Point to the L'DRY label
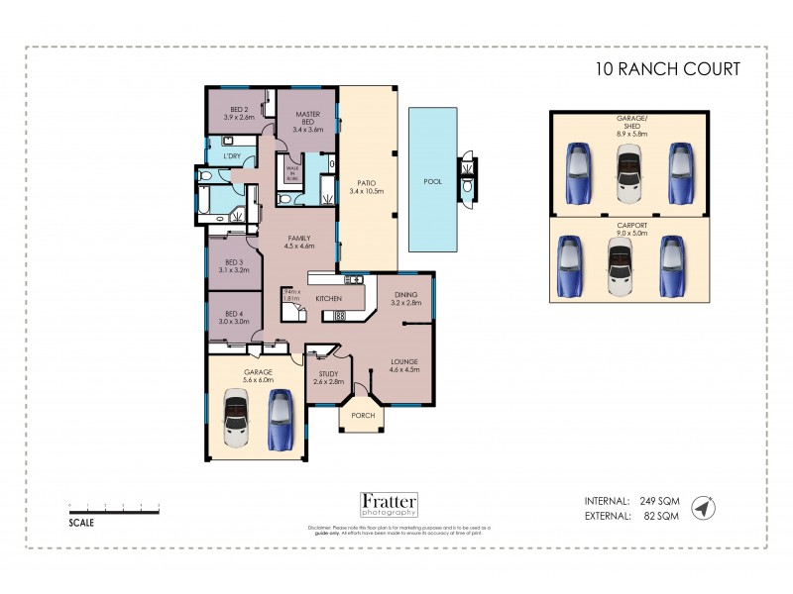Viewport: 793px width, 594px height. point(232,156)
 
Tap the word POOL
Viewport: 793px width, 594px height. point(432,182)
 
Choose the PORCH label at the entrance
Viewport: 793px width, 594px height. point(363,415)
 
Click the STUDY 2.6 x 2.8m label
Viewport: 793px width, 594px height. point(327,377)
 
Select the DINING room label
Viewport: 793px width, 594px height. point(406,298)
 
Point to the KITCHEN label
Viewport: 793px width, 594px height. point(328,298)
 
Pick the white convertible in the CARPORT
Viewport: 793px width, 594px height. point(622,266)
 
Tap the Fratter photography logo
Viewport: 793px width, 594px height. point(389,505)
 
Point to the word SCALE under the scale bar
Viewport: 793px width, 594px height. point(81,522)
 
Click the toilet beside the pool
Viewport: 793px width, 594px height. point(467,183)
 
